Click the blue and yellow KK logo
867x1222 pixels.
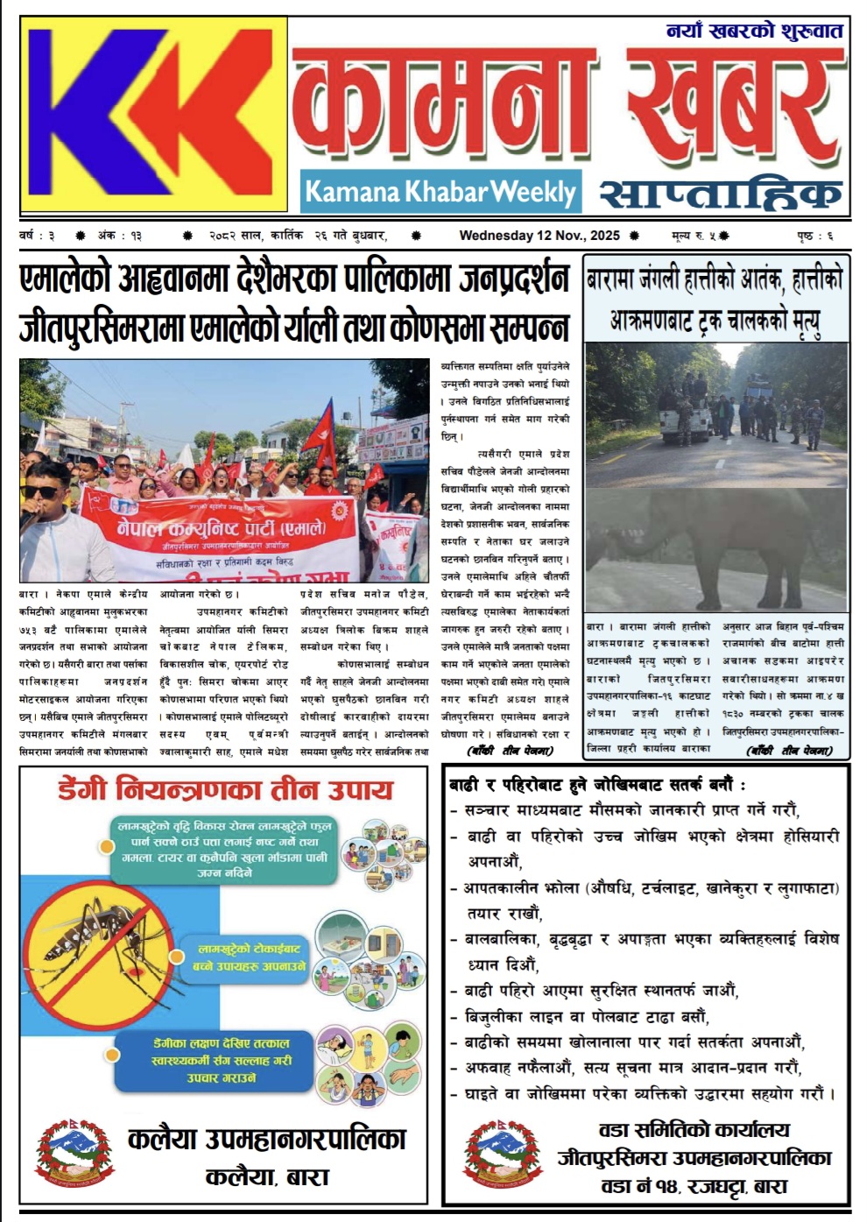(154, 115)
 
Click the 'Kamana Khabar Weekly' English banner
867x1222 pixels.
(440, 192)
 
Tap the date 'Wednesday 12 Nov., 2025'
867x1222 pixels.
(539, 235)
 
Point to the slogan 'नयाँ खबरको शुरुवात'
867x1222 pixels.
(754, 31)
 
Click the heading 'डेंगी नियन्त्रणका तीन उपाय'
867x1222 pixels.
(225, 789)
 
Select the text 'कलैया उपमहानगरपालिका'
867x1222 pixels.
(267, 1139)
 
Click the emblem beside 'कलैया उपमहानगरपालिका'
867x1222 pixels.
(74, 1151)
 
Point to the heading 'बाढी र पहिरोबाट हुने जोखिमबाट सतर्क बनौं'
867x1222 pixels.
(597, 785)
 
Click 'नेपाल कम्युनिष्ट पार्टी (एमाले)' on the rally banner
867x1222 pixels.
(222, 528)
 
